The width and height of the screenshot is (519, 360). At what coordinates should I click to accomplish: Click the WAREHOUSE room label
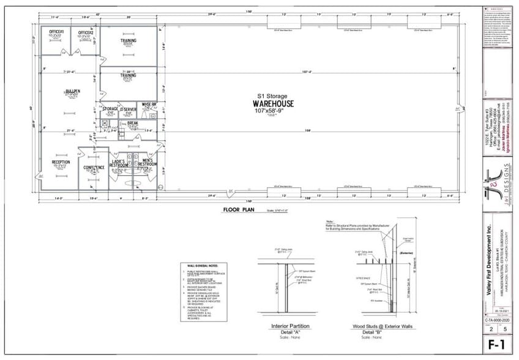pos(272,103)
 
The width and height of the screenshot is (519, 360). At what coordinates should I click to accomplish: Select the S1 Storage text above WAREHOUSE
pos(272,96)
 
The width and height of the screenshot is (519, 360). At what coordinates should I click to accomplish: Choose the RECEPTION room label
pos(60,162)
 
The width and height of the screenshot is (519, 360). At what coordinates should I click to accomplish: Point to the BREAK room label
pos(133,123)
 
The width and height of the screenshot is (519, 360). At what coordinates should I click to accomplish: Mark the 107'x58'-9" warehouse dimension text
pos(272,111)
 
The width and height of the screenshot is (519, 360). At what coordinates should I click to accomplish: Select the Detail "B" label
pos(371,331)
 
